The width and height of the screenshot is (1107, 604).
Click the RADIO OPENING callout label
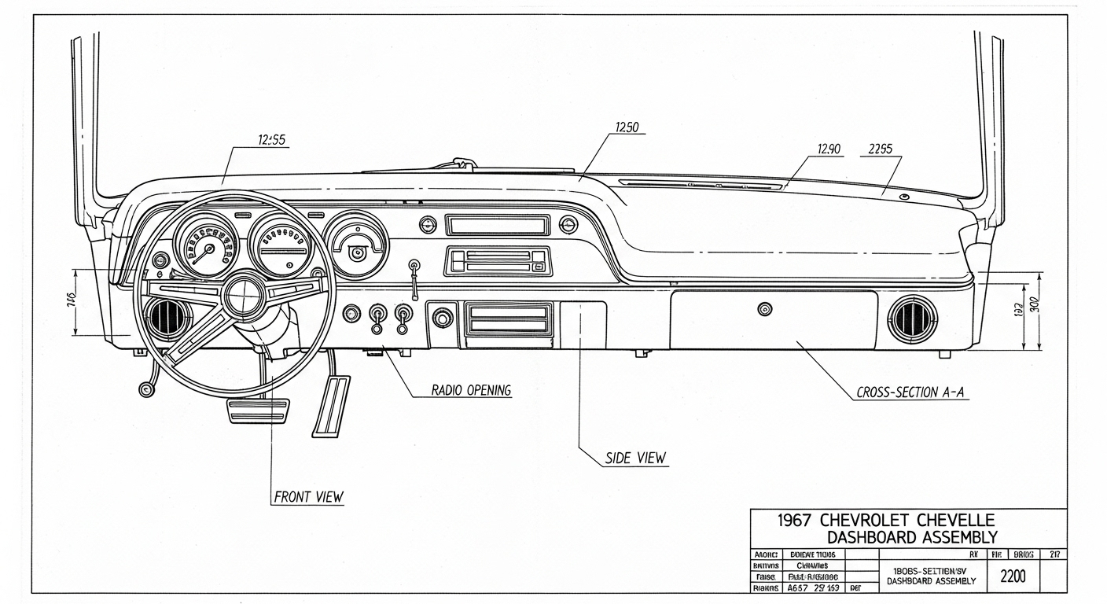[471, 390]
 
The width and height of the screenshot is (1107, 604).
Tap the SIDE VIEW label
[635, 458]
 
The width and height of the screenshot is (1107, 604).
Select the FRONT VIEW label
[308, 497]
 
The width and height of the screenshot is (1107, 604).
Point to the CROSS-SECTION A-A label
[910, 392]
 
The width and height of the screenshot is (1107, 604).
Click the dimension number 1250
[627, 128]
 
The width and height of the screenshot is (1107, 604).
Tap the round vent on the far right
[912, 319]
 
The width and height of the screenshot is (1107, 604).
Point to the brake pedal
[258, 411]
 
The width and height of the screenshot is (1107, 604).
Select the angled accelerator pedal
[332, 405]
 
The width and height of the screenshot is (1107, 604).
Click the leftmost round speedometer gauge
[205, 244]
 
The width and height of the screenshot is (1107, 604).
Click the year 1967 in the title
[795, 521]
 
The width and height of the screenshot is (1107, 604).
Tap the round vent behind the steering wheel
[167, 319]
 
